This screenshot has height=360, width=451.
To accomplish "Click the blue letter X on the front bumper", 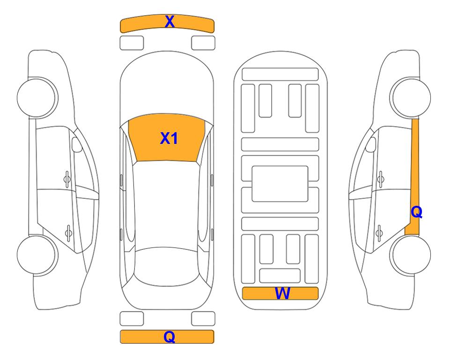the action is (170, 22).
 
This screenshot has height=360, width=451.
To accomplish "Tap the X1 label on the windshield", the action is (169, 138).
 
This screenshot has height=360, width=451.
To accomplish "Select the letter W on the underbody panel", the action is (282, 293).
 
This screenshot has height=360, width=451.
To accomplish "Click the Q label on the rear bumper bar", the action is (170, 337).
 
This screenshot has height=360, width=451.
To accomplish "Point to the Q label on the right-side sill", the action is (416, 212).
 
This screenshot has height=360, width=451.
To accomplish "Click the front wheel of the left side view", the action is (37, 97).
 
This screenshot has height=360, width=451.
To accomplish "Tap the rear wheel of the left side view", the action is (37, 255).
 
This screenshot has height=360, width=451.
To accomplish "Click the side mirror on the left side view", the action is (76, 144).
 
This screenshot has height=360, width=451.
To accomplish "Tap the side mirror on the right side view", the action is (371, 144).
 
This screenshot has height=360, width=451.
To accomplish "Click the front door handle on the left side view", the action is (67, 180).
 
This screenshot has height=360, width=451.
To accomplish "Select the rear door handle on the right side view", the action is (380, 233).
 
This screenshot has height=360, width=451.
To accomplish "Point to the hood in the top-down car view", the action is (167, 86).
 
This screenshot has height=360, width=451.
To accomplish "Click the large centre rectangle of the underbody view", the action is (280, 184).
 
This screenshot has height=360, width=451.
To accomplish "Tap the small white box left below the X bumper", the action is (132, 43).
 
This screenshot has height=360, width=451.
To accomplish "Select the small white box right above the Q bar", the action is (203, 319).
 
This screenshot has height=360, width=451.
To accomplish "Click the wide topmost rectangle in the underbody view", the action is (280, 75).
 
